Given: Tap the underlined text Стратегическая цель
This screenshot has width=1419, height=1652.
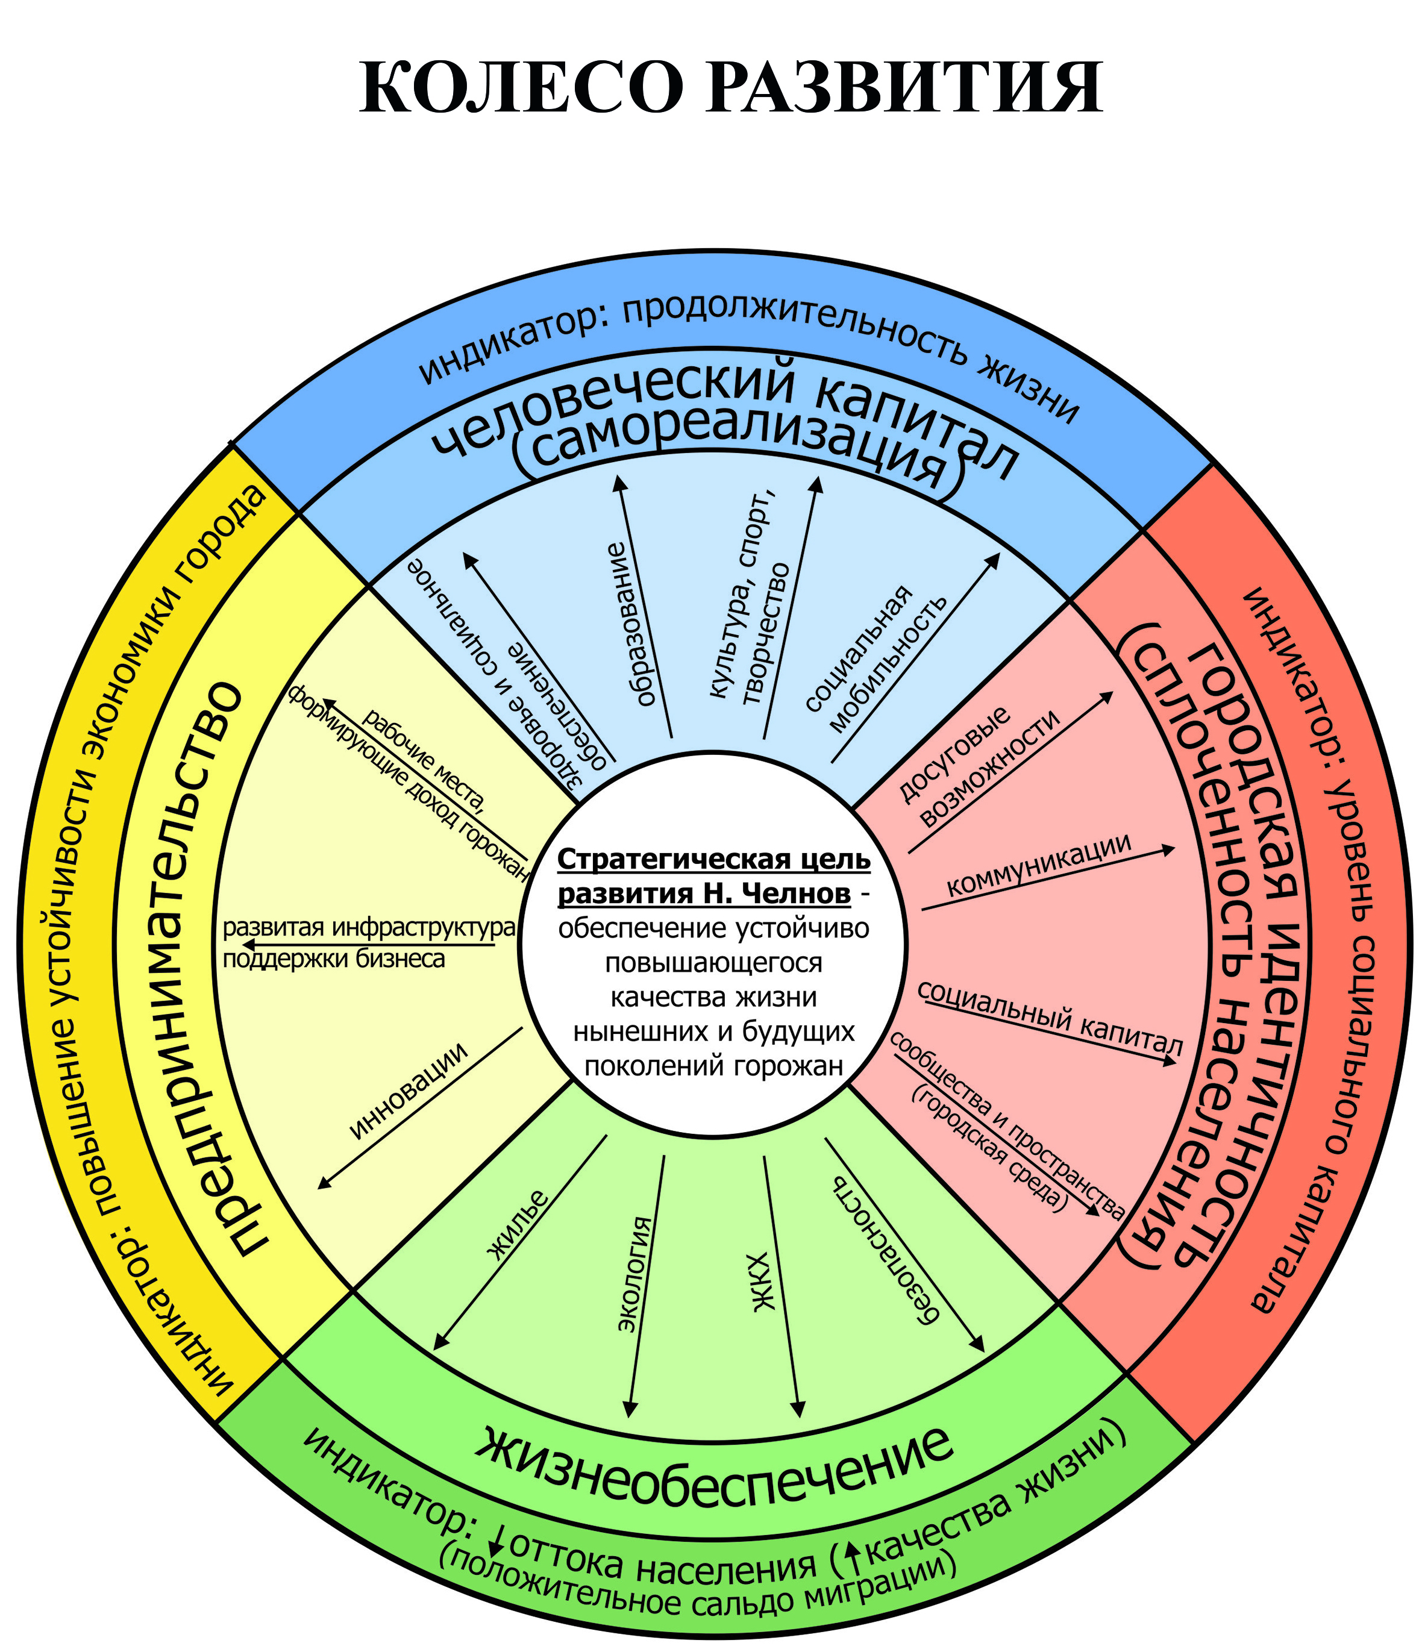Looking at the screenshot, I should click(x=713, y=860).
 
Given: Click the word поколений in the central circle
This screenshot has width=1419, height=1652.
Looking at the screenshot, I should click(x=647, y=1066).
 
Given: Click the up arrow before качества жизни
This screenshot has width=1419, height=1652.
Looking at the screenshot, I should click(x=852, y=1553).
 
